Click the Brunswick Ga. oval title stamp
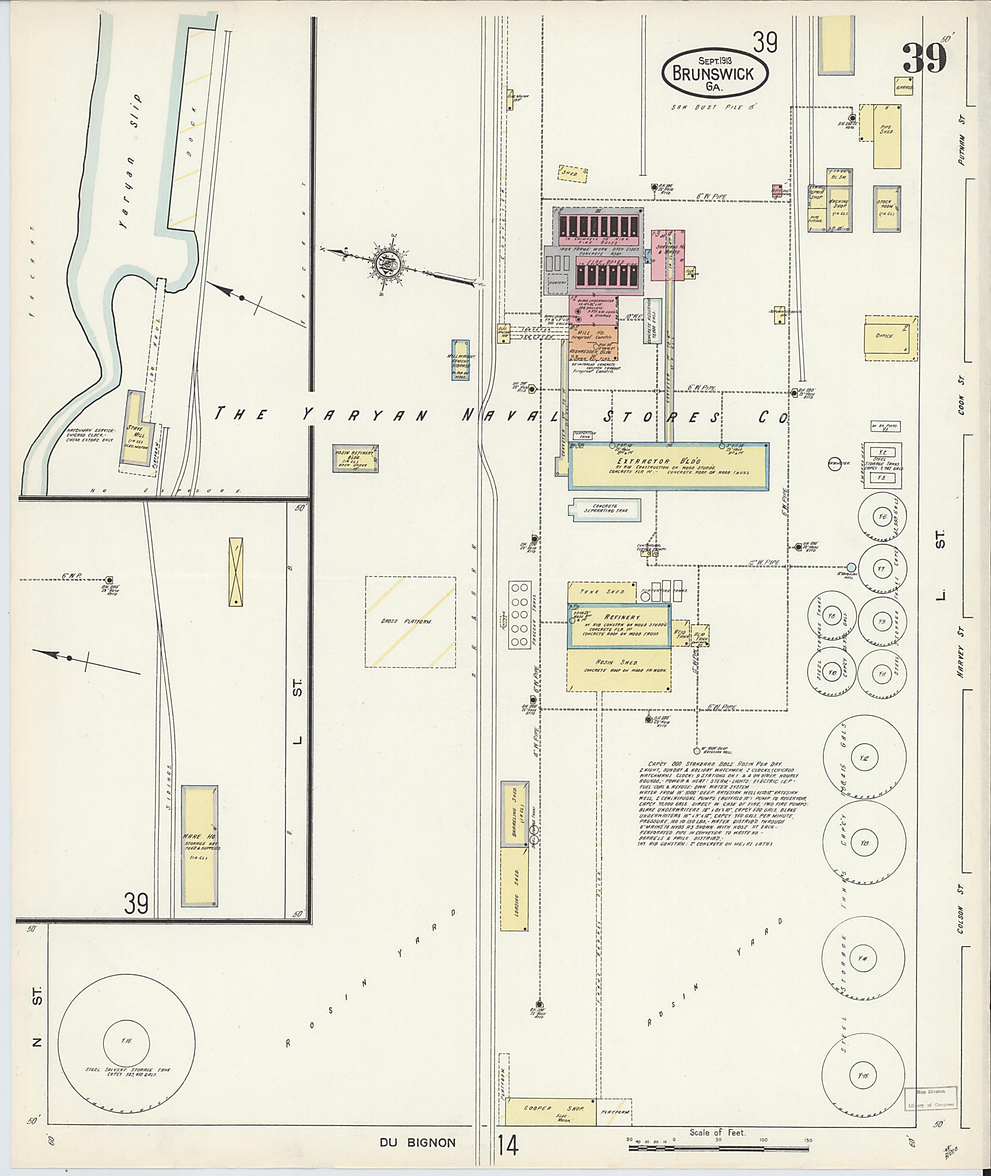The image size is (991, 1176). (x=715, y=74)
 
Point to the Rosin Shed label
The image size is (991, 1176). (x=618, y=663)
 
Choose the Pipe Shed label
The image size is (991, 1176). (x=886, y=130)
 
